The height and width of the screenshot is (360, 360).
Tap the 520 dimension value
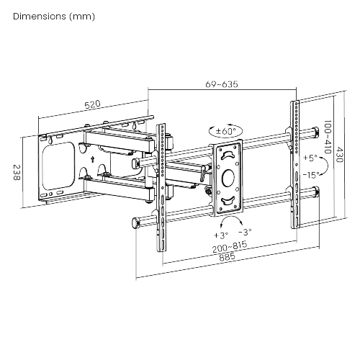[x=92, y=105]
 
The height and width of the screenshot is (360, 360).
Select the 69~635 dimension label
[x=221, y=84]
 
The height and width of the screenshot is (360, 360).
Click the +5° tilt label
[x=310, y=157]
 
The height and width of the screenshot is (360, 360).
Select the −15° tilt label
[x=311, y=175]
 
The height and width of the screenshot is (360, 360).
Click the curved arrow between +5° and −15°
[x=325, y=166]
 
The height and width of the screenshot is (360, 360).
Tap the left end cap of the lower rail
[x=135, y=223]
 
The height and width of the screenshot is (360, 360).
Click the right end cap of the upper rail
[x=316, y=132]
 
